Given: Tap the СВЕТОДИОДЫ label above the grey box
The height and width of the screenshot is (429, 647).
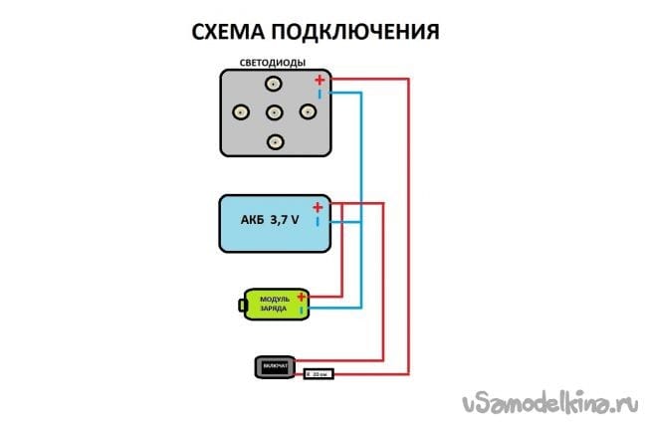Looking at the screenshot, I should point(272,64).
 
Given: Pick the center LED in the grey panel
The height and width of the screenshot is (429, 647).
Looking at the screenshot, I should point(275,111).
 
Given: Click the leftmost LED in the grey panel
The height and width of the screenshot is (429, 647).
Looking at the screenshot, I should point(240,111).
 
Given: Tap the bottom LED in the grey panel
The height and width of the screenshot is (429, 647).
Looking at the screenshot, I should point(274,141).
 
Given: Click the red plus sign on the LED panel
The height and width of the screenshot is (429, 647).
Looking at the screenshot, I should point(319,80).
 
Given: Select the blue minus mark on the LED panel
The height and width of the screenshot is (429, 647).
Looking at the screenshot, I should point(320,95).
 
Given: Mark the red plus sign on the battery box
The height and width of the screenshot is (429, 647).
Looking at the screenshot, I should point(317,207).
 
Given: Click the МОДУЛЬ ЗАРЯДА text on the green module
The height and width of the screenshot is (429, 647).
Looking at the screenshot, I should point(274,305).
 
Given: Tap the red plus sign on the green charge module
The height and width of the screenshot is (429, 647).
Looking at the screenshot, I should point(301,296).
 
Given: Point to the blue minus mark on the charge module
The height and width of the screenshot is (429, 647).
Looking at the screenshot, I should point(301,311).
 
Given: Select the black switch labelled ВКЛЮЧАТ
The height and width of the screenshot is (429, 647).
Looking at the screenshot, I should point(275,367).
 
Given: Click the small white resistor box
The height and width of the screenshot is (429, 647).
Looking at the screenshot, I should point(318,374).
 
